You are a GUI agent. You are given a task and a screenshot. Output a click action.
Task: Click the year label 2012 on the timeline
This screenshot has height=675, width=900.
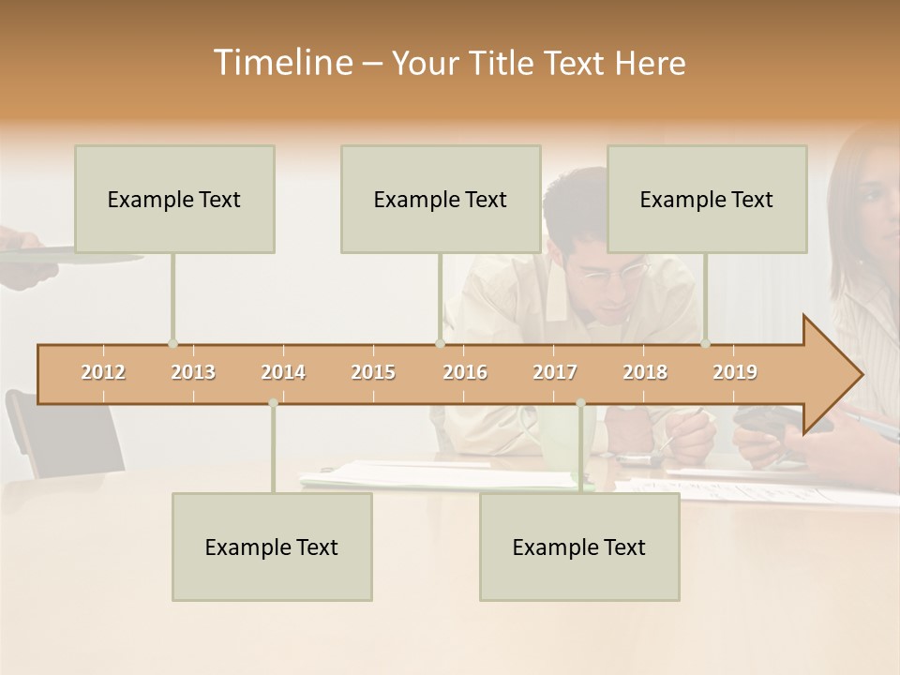103,372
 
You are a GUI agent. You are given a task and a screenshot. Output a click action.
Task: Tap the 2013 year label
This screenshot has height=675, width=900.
193,372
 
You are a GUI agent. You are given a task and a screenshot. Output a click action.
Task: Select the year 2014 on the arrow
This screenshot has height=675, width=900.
283,372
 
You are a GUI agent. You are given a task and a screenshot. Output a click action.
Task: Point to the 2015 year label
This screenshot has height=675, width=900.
373,372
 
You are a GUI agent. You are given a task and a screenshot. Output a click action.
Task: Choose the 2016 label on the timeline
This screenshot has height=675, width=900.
465,372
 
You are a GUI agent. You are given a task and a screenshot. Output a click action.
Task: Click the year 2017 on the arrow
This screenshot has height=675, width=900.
555,372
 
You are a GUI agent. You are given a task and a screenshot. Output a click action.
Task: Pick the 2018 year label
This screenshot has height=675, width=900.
645,372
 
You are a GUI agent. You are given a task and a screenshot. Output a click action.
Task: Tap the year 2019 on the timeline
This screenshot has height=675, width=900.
735,372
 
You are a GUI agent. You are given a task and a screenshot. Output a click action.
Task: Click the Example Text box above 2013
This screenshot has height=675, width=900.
174,199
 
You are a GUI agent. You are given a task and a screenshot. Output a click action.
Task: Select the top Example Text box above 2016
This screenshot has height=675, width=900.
441,199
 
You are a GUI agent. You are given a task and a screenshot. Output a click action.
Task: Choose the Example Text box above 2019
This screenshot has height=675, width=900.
707,199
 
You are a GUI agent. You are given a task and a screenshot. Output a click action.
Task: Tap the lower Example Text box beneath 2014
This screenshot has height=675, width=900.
272,547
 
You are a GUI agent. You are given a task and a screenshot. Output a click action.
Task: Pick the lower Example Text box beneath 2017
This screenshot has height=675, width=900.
579,547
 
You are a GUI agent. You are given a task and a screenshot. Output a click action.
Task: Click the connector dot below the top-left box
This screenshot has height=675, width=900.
172,343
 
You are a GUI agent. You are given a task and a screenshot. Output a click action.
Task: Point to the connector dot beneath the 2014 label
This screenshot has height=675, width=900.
273,403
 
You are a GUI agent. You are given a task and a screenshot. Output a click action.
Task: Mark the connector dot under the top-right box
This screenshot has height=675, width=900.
705,343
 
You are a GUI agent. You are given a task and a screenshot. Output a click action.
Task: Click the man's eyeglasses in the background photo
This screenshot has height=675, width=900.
614,274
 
